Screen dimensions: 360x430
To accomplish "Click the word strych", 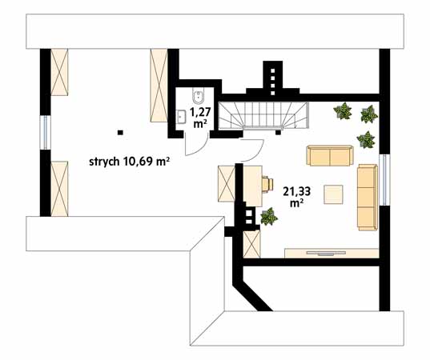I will [x=104, y=162].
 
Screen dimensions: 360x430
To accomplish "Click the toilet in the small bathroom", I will [x=196, y=97].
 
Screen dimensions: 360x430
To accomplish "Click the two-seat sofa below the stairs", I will [x=330, y=154].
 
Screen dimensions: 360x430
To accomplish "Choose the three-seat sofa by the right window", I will [x=368, y=196].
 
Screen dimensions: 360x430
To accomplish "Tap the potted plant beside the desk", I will [x=269, y=215].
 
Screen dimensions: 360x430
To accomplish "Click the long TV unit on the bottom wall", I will [x=330, y=254].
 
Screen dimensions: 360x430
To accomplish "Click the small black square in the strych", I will [x=120, y=131].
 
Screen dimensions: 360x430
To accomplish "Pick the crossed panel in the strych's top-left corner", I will [x=61, y=71].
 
